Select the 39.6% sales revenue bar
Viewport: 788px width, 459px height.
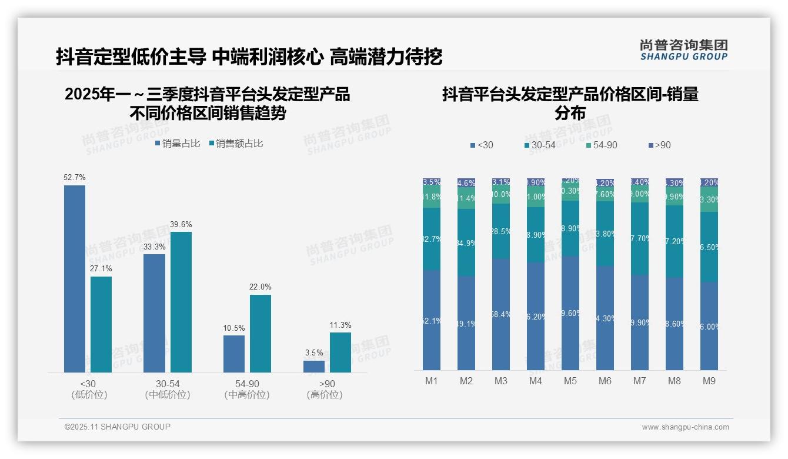(181, 302)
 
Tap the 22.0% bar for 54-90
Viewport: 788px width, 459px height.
(261, 333)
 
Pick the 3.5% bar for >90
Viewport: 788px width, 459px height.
(314, 366)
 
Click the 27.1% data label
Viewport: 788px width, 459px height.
(101, 268)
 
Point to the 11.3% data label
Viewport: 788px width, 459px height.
(340, 325)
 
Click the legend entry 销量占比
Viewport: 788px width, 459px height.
(178, 144)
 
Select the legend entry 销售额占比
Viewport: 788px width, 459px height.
(236, 144)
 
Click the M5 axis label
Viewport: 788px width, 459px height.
(570, 381)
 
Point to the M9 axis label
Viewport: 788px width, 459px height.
(709, 381)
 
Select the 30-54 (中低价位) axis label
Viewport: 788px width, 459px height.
(168, 389)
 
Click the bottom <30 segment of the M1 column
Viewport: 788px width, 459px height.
(432, 320)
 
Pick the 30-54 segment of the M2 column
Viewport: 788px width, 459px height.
(466, 242)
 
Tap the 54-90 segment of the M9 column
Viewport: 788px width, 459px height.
(709, 199)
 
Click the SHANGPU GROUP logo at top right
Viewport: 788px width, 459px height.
(683, 50)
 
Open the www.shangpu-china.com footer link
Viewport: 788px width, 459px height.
(685, 427)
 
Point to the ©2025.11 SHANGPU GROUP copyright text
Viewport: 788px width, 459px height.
(118, 427)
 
